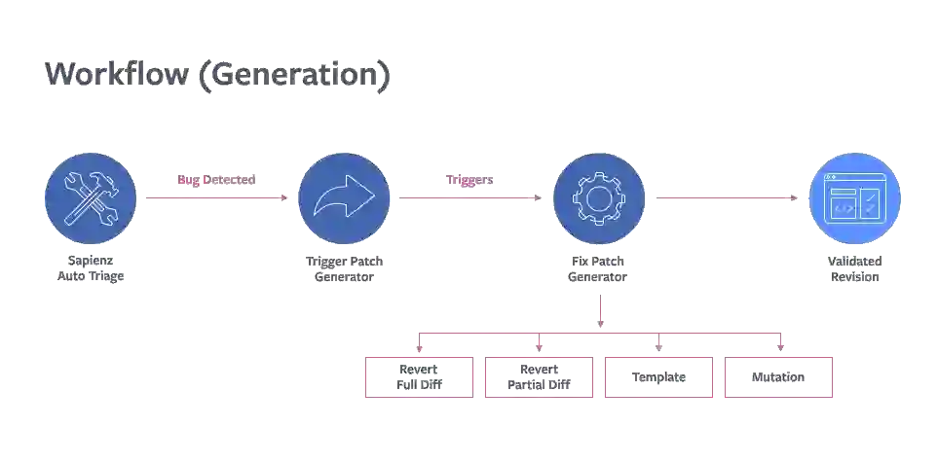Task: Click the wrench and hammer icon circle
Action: (x=91, y=198)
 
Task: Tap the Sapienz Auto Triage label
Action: (x=91, y=268)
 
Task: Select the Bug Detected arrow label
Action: (x=216, y=181)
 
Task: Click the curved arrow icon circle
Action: (x=344, y=198)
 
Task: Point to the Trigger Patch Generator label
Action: (x=344, y=268)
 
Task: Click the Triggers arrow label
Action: (x=471, y=181)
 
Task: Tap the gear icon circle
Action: (x=598, y=198)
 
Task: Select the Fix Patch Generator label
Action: (x=598, y=268)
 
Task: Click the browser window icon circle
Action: (x=854, y=198)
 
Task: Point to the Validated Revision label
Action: (x=854, y=268)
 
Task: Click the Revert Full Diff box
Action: (x=419, y=376)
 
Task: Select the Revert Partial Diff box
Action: (x=539, y=376)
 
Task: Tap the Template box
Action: (x=658, y=376)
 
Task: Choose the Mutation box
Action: (x=779, y=376)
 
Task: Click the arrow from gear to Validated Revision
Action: (x=725, y=195)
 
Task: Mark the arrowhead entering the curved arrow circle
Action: (x=282, y=199)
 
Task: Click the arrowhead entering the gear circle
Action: (x=537, y=199)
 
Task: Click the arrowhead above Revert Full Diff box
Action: (x=420, y=348)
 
